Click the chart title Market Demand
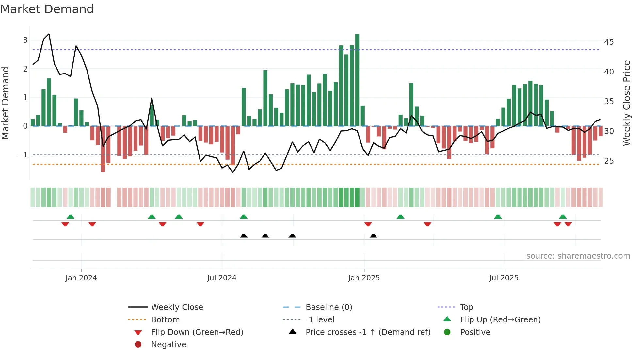tap(47, 9)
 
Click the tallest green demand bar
tap(357, 80)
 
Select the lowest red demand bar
tap(103, 149)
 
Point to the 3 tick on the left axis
tap(25, 40)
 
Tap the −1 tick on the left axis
tap(23, 155)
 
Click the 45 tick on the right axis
tap(609, 42)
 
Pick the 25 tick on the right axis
tap(609, 161)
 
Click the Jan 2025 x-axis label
tap(364, 278)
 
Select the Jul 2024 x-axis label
tap(222, 278)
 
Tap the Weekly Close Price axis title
tap(626, 103)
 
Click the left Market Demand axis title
tap(6, 103)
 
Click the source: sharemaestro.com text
tap(578, 256)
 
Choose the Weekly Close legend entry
tap(177, 307)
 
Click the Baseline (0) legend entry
tap(328, 307)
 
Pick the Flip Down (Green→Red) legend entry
tap(197, 332)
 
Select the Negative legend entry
tap(168, 345)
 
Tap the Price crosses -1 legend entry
tap(368, 332)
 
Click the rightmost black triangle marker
tap(373, 236)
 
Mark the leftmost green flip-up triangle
tap(71, 217)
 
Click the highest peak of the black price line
tap(49, 34)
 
